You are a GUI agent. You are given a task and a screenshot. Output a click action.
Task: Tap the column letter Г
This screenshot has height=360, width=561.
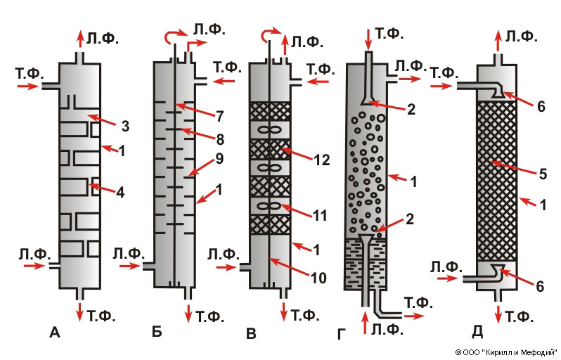pos(342,334)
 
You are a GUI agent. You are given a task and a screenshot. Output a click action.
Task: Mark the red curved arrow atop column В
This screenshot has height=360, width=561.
pos(267,35)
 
